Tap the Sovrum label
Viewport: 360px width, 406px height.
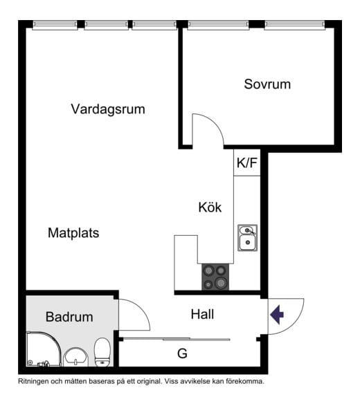pos(267,84)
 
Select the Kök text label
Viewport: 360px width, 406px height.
pos(210,207)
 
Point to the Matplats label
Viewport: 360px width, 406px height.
pos(73,233)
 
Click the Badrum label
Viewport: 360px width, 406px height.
pos(69,317)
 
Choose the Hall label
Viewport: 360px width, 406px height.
pos(202,314)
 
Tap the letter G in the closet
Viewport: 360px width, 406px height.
pos(182,353)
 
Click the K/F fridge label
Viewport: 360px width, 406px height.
pos(247,164)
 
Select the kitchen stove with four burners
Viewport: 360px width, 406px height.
pos(216,277)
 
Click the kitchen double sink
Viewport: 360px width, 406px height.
pos(247,237)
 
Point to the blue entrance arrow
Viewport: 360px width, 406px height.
pos(277,315)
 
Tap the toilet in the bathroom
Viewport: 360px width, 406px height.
pos(102,351)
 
